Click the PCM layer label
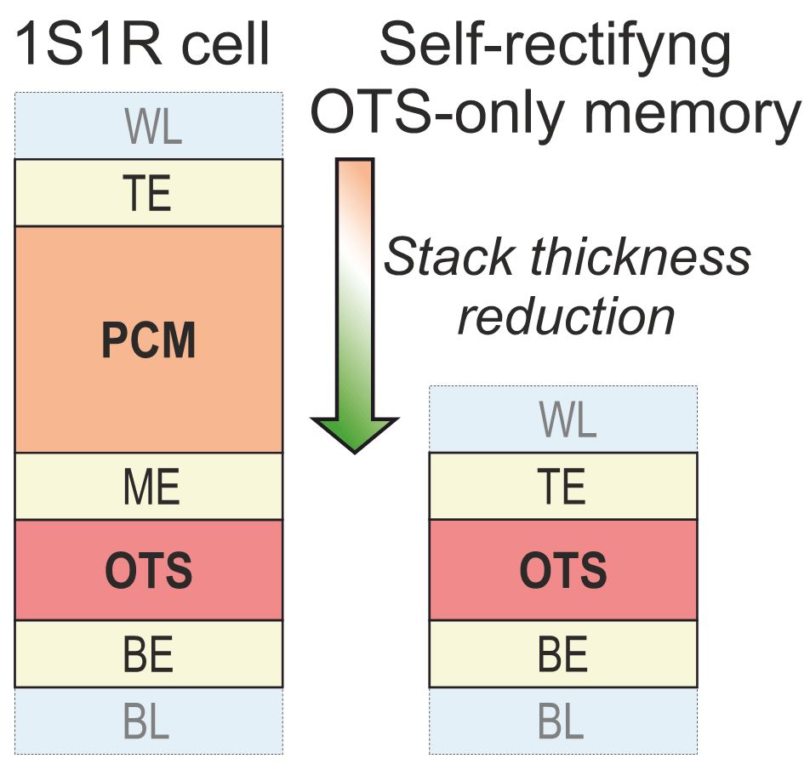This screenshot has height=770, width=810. pos(149,340)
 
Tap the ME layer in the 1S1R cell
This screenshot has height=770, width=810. pos(149,488)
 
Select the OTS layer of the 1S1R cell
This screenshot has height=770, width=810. pos(149,571)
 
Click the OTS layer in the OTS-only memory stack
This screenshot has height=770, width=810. pos(563,571)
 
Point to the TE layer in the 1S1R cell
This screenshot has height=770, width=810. pos(149,194)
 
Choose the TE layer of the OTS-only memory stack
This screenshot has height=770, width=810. pos(563,488)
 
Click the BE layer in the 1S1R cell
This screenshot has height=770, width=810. pos(149,654)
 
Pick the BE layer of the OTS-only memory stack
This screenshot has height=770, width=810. pos(563,654)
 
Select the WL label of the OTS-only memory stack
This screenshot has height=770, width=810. pos(563,420)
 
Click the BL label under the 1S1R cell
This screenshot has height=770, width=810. pos(149,721)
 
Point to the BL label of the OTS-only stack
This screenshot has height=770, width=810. pos(563,721)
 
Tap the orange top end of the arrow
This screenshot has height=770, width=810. pos(354,170)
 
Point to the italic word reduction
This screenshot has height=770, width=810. pos(567,316)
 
